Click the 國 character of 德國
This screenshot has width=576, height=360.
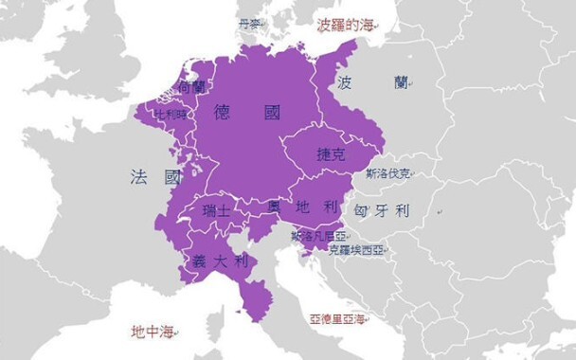[272, 113]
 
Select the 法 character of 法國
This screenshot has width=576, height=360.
[138, 176]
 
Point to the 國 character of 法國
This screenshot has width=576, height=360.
[171, 176]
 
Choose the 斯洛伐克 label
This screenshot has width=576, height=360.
[389, 174]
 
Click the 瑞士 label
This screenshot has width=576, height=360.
[216, 211]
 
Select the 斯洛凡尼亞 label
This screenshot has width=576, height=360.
[319, 233]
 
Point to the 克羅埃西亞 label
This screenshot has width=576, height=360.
[356, 251]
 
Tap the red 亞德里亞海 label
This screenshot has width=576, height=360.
[338, 319]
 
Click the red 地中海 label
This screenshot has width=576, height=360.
[153, 332]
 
